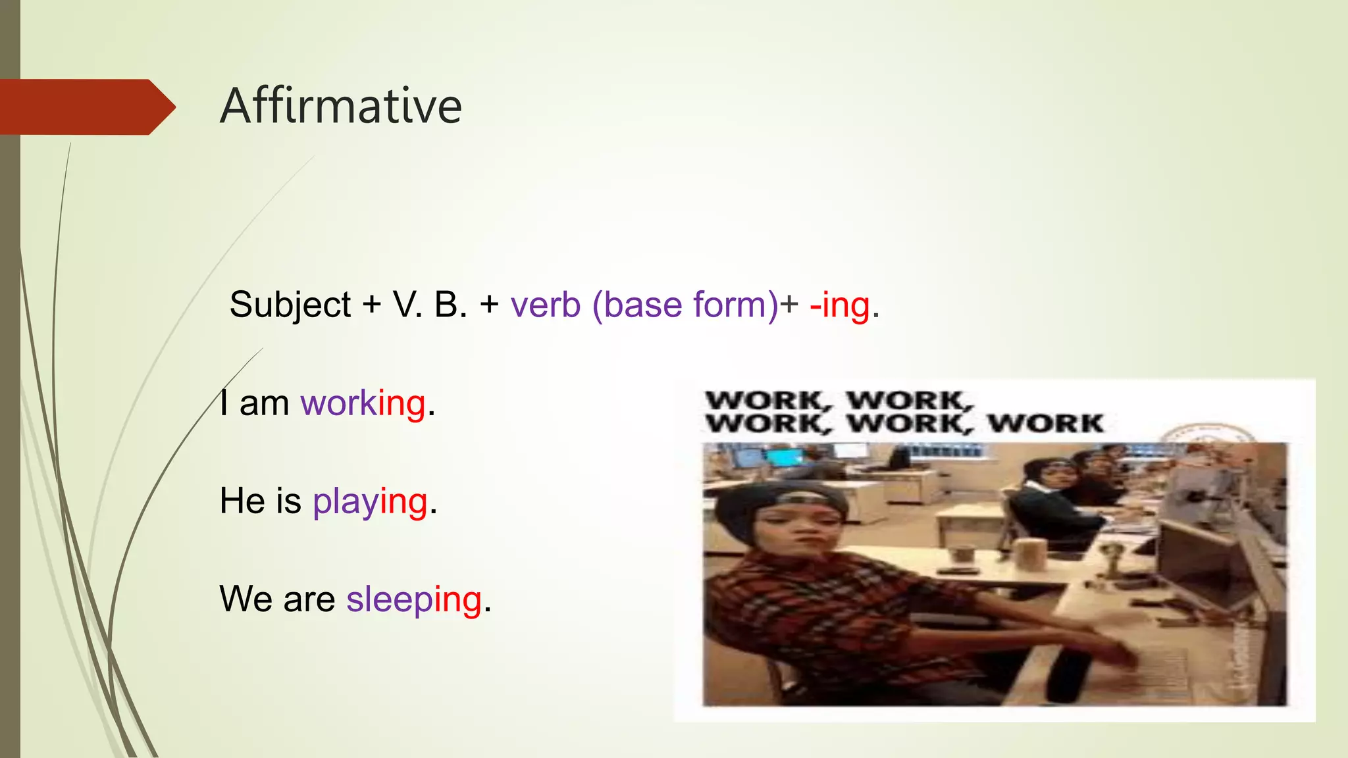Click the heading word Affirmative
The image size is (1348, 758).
(x=341, y=107)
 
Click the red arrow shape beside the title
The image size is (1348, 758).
(x=86, y=107)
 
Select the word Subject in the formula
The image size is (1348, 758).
(x=290, y=305)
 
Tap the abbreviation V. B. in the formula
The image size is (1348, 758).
(x=430, y=305)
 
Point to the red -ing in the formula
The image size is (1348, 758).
(x=840, y=305)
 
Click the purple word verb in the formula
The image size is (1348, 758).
(x=546, y=305)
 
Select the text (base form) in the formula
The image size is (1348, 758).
(x=685, y=305)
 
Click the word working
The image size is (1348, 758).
(x=363, y=403)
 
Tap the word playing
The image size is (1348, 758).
(x=370, y=501)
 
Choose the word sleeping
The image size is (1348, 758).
(x=414, y=599)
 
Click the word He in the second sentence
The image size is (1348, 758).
(x=242, y=501)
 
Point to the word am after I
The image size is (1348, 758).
(x=264, y=403)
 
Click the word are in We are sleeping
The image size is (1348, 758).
(x=309, y=599)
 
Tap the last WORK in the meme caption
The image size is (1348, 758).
(x=1045, y=423)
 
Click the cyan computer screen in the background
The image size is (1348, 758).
(x=784, y=455)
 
